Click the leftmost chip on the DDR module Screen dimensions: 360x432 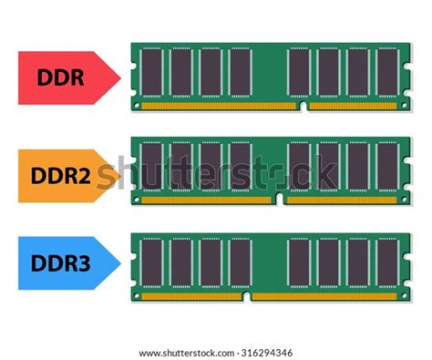151,72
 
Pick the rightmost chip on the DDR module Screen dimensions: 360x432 387,72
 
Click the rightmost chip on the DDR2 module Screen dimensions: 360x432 387,167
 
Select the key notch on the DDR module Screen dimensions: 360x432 303,106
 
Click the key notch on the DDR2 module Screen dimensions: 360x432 279,201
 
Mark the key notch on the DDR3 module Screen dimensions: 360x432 247,296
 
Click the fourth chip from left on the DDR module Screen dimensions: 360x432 240,72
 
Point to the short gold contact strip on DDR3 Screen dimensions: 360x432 191,296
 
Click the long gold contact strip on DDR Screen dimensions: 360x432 220,106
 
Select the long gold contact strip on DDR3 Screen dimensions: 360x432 324,296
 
